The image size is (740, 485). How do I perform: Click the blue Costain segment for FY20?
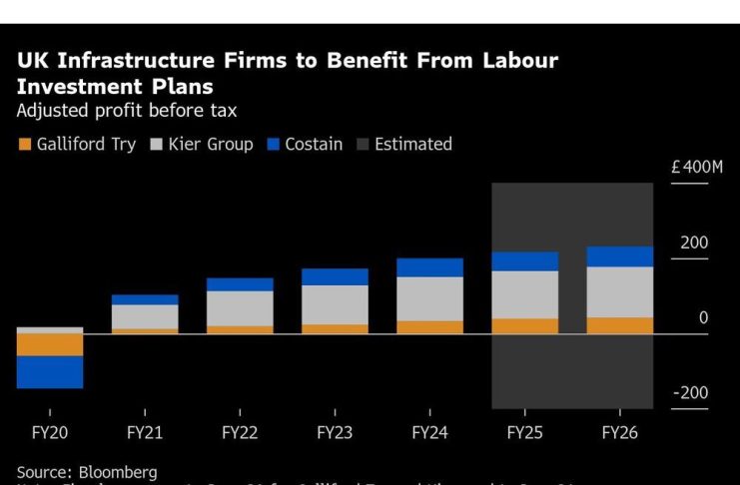[x=49, y=372]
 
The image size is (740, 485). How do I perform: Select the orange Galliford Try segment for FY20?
[x=49, y=344]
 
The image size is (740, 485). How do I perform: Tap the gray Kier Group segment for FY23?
[x=335, y=304]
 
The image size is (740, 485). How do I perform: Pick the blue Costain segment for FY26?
[x=619, y=256]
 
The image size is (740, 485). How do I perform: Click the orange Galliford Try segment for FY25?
[x=524, y=325]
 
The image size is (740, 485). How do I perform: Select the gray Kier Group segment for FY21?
[x=145, y=316]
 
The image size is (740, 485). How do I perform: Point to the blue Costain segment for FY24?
[x=429, y=267]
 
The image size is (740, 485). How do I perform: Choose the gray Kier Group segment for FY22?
[x=240, y=308]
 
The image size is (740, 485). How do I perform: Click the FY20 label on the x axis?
[x=49, y=433]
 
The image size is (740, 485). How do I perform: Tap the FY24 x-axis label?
[x=429, y=433]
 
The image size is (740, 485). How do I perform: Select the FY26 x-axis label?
[x=619, y=433]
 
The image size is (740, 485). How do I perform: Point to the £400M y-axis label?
[x=696, y=167]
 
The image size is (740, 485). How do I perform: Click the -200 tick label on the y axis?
[x=690, y=393]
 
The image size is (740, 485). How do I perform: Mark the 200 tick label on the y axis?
[x=694, y=243]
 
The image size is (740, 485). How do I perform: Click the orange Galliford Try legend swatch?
[x=24, y=145]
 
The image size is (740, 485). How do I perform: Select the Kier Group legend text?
[x=209, y=144]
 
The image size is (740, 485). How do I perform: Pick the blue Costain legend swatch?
[x=273, y=145]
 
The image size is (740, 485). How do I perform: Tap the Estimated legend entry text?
[x=412, y=144]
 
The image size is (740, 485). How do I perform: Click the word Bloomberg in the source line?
[x=118, y=472]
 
